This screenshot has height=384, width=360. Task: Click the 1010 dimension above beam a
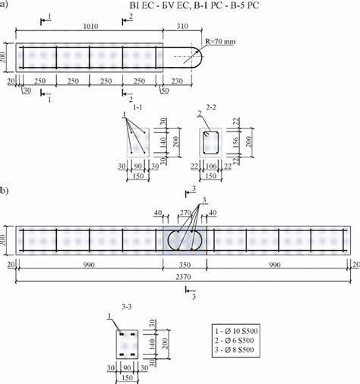(90, 25)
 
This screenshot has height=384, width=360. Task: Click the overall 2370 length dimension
(183, 278)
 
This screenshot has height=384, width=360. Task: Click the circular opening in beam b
(183, 237)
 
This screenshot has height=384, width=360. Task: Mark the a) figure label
(6, 5)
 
